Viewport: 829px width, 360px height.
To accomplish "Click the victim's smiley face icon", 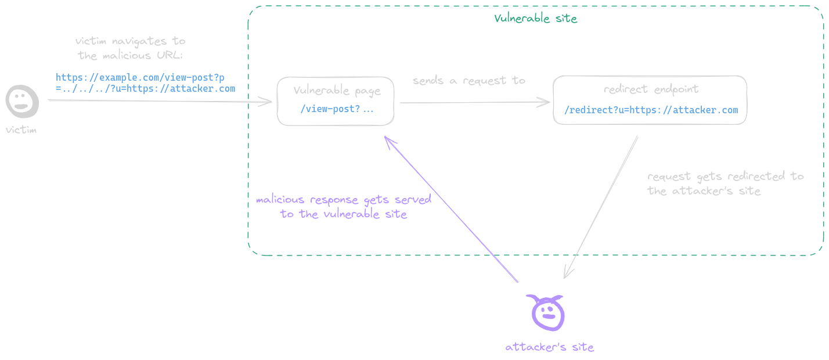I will (x=21, y=100).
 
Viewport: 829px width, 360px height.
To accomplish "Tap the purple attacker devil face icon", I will (x=546, y=311).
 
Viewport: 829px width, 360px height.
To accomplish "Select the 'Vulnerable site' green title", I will (x=535, y=18).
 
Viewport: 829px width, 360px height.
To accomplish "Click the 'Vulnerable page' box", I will (x=336, y=100).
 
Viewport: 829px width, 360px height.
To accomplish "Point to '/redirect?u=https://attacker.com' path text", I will (x=651, y=110).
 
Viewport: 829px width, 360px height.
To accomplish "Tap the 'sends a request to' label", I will (x=468, y=81).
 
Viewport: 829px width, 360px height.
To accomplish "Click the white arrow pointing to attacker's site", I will (x=601, y=207).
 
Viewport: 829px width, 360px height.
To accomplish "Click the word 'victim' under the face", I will (x=21, y=129).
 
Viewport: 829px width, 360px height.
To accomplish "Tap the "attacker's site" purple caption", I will (x=549, y=347).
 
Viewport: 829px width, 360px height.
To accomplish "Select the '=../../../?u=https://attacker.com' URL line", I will (x=145, y=89).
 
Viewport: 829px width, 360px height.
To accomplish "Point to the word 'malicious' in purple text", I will (x=280, y=200).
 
